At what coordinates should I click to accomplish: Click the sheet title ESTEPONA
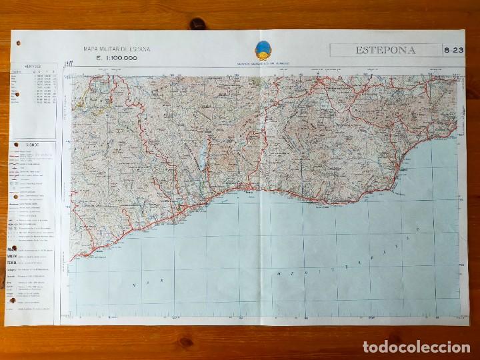pyautogui.click(x=385, y=50)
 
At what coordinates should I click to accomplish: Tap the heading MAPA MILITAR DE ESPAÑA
pyautogui.click(x=117, y=49)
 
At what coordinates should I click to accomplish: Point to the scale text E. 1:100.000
pyautogui.click(x=117, y=58)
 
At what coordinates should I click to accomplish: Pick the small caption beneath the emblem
pyautogui.click(x=263, y=65)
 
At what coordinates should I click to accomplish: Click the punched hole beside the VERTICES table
pyautogui.click(x=13, y=95)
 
